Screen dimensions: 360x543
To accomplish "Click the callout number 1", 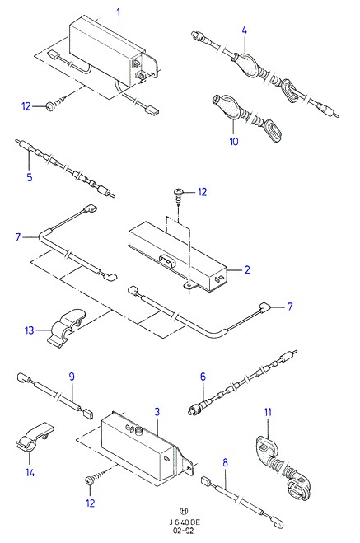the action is point(119,12).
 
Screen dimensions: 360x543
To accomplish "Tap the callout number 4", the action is point(245,30).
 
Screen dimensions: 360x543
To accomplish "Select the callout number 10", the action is point(234,141).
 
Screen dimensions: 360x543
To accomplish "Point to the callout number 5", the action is point(30,177).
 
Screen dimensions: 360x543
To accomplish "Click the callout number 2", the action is point(247,269).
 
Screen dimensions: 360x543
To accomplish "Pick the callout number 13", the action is point(30,330).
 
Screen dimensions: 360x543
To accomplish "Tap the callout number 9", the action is point(72,377).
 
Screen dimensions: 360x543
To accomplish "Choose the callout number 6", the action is point(203,377).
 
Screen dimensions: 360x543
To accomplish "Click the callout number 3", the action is point(157,412).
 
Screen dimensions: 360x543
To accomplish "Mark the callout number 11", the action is point(268,412).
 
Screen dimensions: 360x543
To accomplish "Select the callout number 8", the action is point(226,462).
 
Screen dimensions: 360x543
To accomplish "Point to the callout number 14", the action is point(30,472).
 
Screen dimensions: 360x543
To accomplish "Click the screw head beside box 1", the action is point(50,106).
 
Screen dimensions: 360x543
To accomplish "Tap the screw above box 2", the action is point(178,195).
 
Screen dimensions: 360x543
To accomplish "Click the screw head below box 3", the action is point(89,480).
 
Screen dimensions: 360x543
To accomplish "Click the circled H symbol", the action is point(185,510).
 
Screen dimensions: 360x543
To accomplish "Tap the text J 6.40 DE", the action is point(185,522).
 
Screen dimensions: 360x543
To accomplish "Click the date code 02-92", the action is point(185,531).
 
